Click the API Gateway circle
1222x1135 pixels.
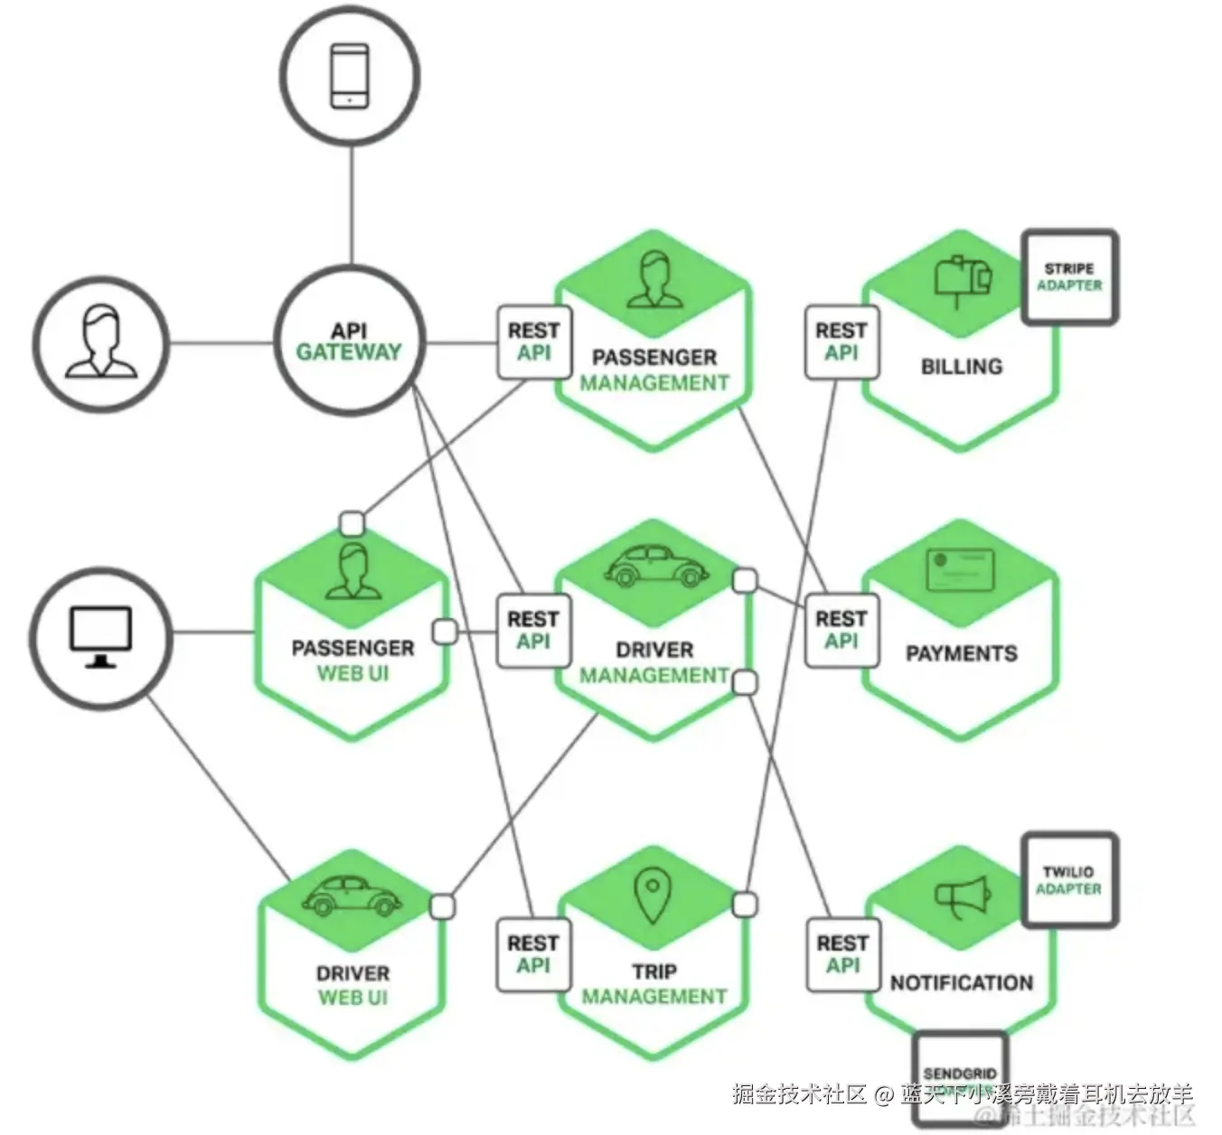(x=349, y=342)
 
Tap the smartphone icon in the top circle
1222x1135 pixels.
(x=349, y=76)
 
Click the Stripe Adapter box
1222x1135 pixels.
(x=1069, y=277)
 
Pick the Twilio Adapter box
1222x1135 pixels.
(x=1068, y=880)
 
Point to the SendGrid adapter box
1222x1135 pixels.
(x=960, y=1075)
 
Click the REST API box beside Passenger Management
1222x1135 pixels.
(x=533, y=342)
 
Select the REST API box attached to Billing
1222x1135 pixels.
(x=841, y=342)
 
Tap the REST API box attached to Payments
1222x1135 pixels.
(x=841, y=630)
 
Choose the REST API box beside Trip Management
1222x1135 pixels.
(x=533, y=954)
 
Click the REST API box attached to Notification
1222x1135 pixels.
(x=842, y=954)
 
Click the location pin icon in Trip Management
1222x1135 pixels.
(x=653, y=895)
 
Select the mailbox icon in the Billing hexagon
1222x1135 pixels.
(x=962, y=278)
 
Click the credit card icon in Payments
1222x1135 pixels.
(x=960, y=569)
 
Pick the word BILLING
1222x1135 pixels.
(x=962, y=366)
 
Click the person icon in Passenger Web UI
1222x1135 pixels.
(x=352, y=571)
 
